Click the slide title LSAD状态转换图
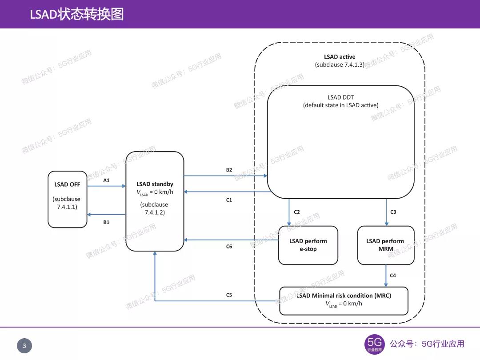pos(76,14)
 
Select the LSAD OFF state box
pos(68,199)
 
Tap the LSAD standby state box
pos(155,201)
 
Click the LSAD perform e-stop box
pos(308,245)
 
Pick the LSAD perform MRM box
pos(385,245)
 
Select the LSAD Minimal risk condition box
pos(344,300)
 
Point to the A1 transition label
pos(106,180)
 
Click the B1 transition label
pos(106,222)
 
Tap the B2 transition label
pos(229,170)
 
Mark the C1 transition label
pos(229,200)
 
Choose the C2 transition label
pos(297,212)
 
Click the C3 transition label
pos(393,212)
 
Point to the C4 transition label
pos(393,276)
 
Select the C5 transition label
pos(229,295)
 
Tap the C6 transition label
pos(229,246)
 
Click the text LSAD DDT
pos(340,97)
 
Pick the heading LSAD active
pos(340,57)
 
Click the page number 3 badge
pos(24,346)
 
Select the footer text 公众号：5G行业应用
pos(427,344)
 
